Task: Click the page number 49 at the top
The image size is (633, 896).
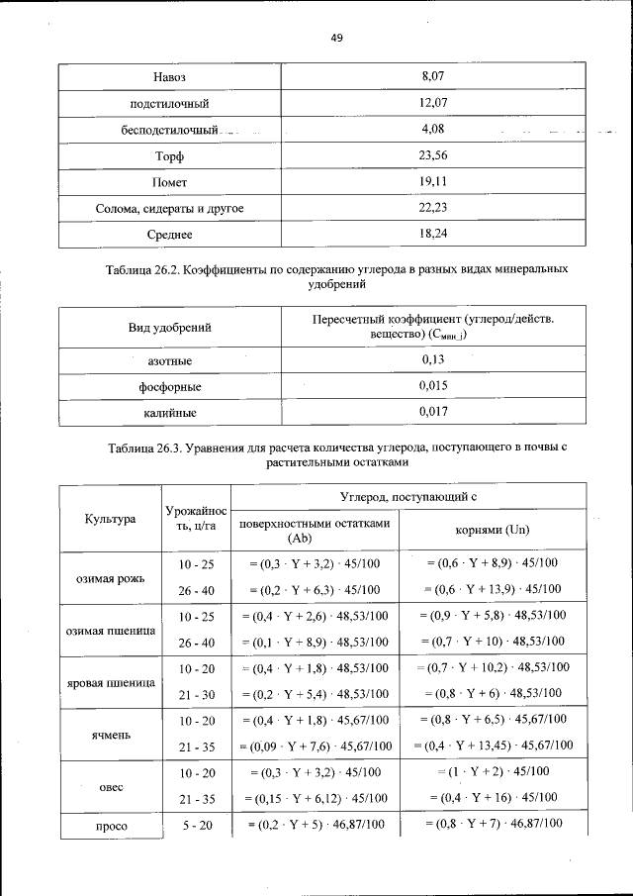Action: (x=335, y=39)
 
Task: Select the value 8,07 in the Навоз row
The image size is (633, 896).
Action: (x=432, y=75)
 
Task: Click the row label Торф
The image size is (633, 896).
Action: (x=169, y=156)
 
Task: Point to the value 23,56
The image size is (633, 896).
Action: (x=432, y=155)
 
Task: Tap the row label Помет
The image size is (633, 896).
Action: (x=169, y=183)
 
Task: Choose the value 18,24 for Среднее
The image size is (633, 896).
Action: (x=432, y=235)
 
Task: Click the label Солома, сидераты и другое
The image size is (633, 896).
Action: (x=169, y=209)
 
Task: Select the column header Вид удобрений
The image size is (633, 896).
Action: (x=169, y=326)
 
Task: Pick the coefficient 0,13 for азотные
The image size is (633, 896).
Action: (x=432, y=359)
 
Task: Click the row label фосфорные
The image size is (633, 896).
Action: (x=169, y=386)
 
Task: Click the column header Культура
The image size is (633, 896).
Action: (x=110, y=517)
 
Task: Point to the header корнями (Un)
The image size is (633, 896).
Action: (x=492, y=530)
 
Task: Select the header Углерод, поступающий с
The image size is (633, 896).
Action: (x=408, y=495)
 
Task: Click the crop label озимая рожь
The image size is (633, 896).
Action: (x=110, y=577)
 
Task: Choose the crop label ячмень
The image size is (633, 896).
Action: (x=110, y=734)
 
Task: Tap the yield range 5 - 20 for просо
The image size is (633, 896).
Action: (x=196, y=824)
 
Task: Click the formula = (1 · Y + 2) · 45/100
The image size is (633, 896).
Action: (x=492, y=771)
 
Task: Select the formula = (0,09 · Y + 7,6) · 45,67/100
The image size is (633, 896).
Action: (x=315, y=746)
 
